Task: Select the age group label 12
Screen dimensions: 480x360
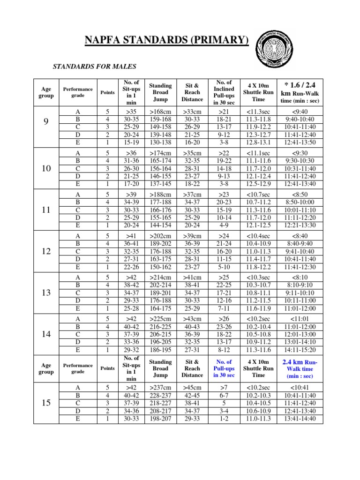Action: coord(46,251)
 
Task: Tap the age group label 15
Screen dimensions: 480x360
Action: coord(46,403)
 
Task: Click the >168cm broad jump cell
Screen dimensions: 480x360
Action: coord(160,112)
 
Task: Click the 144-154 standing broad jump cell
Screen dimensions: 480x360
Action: coord(160,184)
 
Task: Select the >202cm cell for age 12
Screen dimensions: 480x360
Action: coord(160,236)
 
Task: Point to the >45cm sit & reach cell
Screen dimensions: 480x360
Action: coord(192,387)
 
